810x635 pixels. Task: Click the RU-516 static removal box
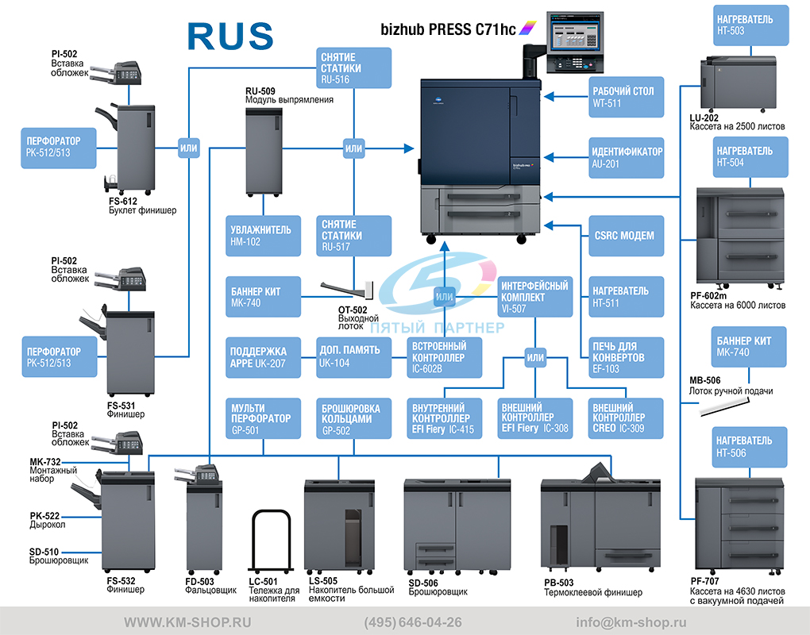coord(354,67)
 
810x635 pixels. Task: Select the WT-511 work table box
coord(626,97)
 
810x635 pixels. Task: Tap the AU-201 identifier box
coord(626,157)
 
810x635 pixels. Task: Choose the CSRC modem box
coord(626,236)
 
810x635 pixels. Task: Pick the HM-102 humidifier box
coord(263,236)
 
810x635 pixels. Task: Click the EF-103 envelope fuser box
coord(626,357)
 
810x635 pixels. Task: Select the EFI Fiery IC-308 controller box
coord(535,418)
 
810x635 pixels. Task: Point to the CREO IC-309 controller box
coord(626,418)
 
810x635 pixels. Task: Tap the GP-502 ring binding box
coord(354,418)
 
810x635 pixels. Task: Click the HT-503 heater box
coord(751,25)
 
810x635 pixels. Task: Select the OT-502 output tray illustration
coord(346,291)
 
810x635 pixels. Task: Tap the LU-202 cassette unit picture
coord(739,83)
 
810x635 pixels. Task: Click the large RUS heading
coord(230,37)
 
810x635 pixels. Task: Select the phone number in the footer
coord(413,622)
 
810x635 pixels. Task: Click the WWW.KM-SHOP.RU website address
coord(187,622)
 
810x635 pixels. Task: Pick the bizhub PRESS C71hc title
coord(448,29)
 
